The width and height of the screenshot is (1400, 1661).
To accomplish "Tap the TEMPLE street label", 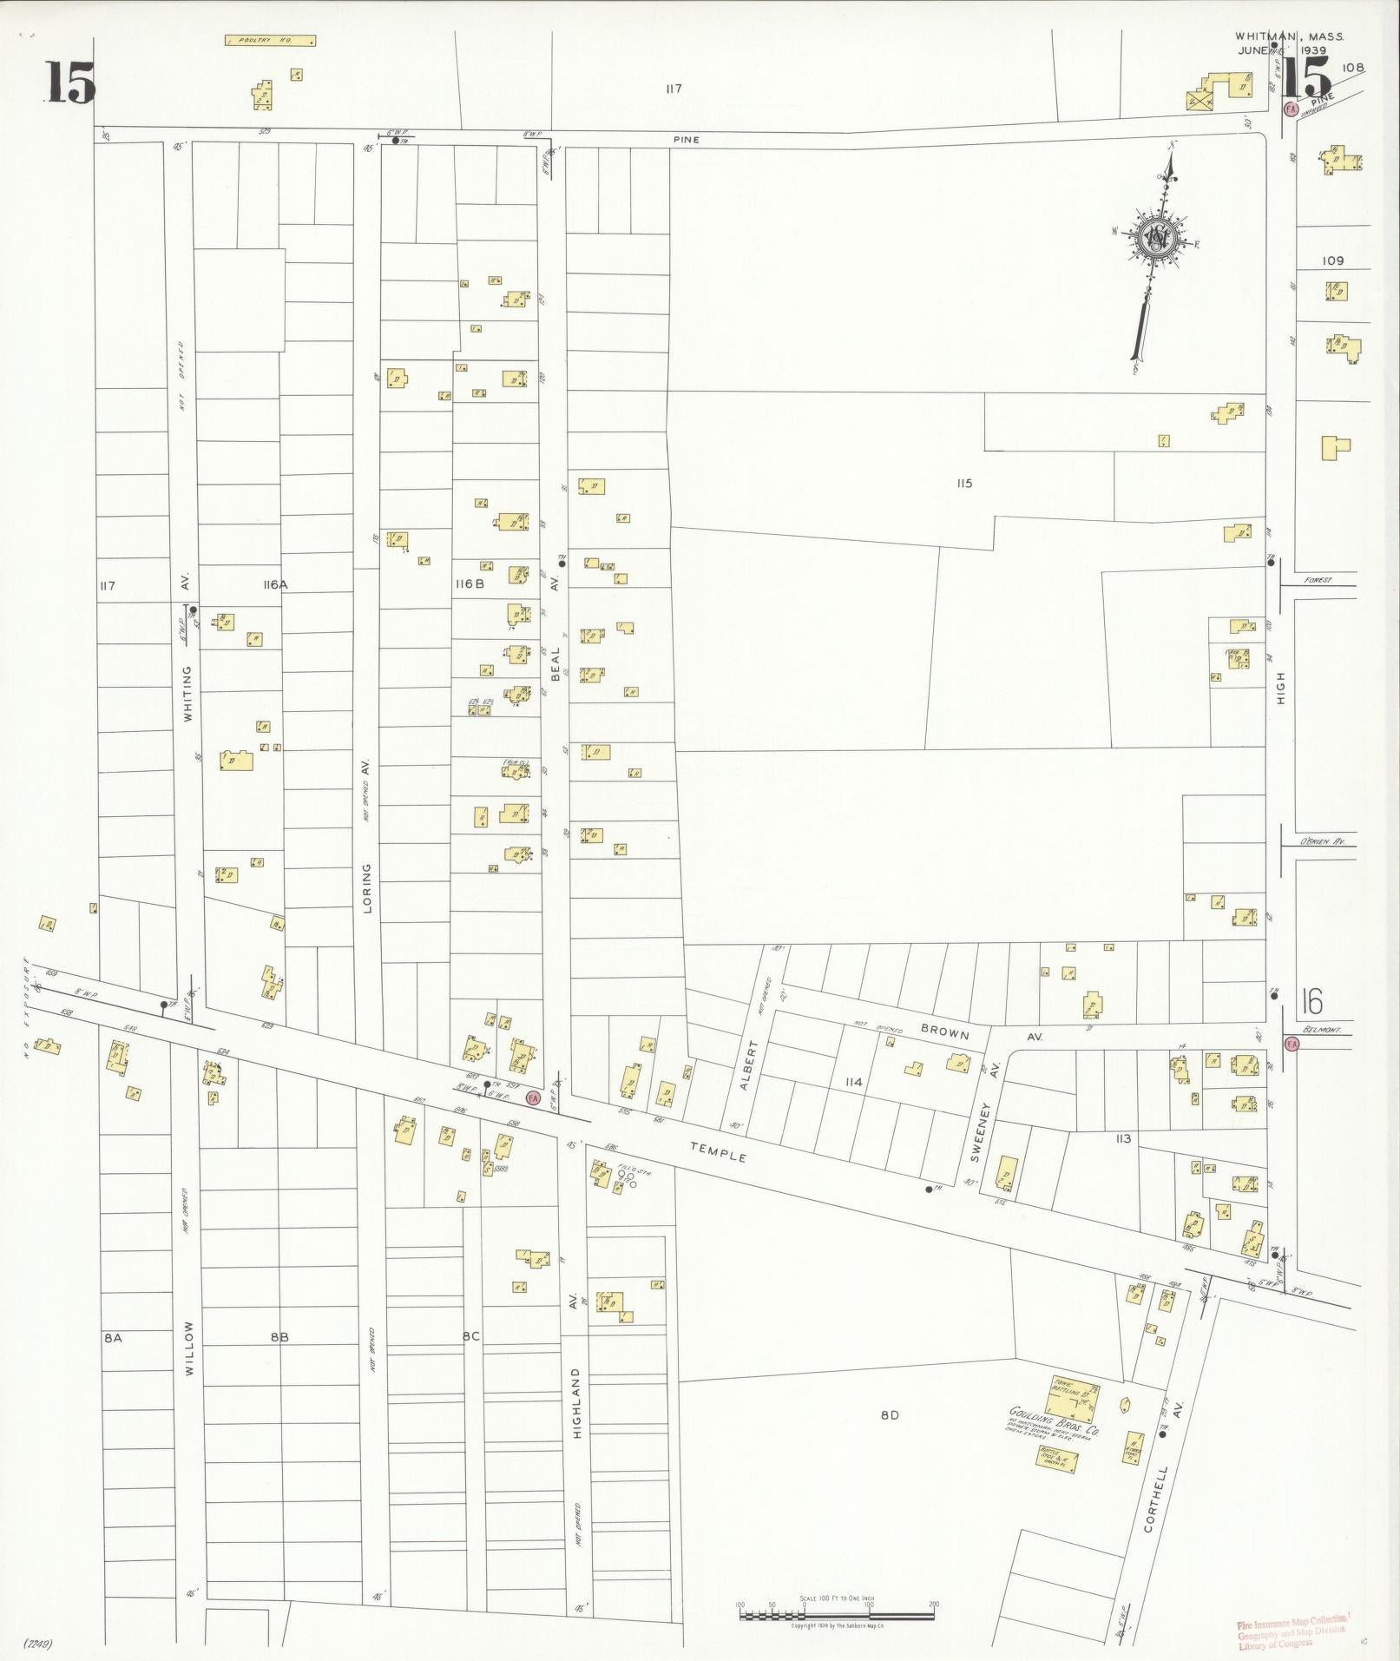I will coord(718,1152).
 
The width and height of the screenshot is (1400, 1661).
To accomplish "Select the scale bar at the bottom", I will coord(837,1615).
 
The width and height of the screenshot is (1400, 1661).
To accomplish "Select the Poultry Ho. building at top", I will coord(270,41).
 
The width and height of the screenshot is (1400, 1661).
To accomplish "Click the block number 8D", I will coord(889,1414).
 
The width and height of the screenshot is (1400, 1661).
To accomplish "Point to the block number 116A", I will coord(274,585).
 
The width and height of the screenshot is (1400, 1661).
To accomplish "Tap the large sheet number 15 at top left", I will coord(70,84).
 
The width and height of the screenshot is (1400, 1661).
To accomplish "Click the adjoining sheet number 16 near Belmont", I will coord(1311,1003).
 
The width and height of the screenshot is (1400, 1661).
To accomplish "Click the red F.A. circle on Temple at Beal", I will coord(533,1098).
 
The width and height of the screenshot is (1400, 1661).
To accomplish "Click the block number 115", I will coord(963,484).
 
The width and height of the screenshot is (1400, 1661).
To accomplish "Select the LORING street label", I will coord(367,887).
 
